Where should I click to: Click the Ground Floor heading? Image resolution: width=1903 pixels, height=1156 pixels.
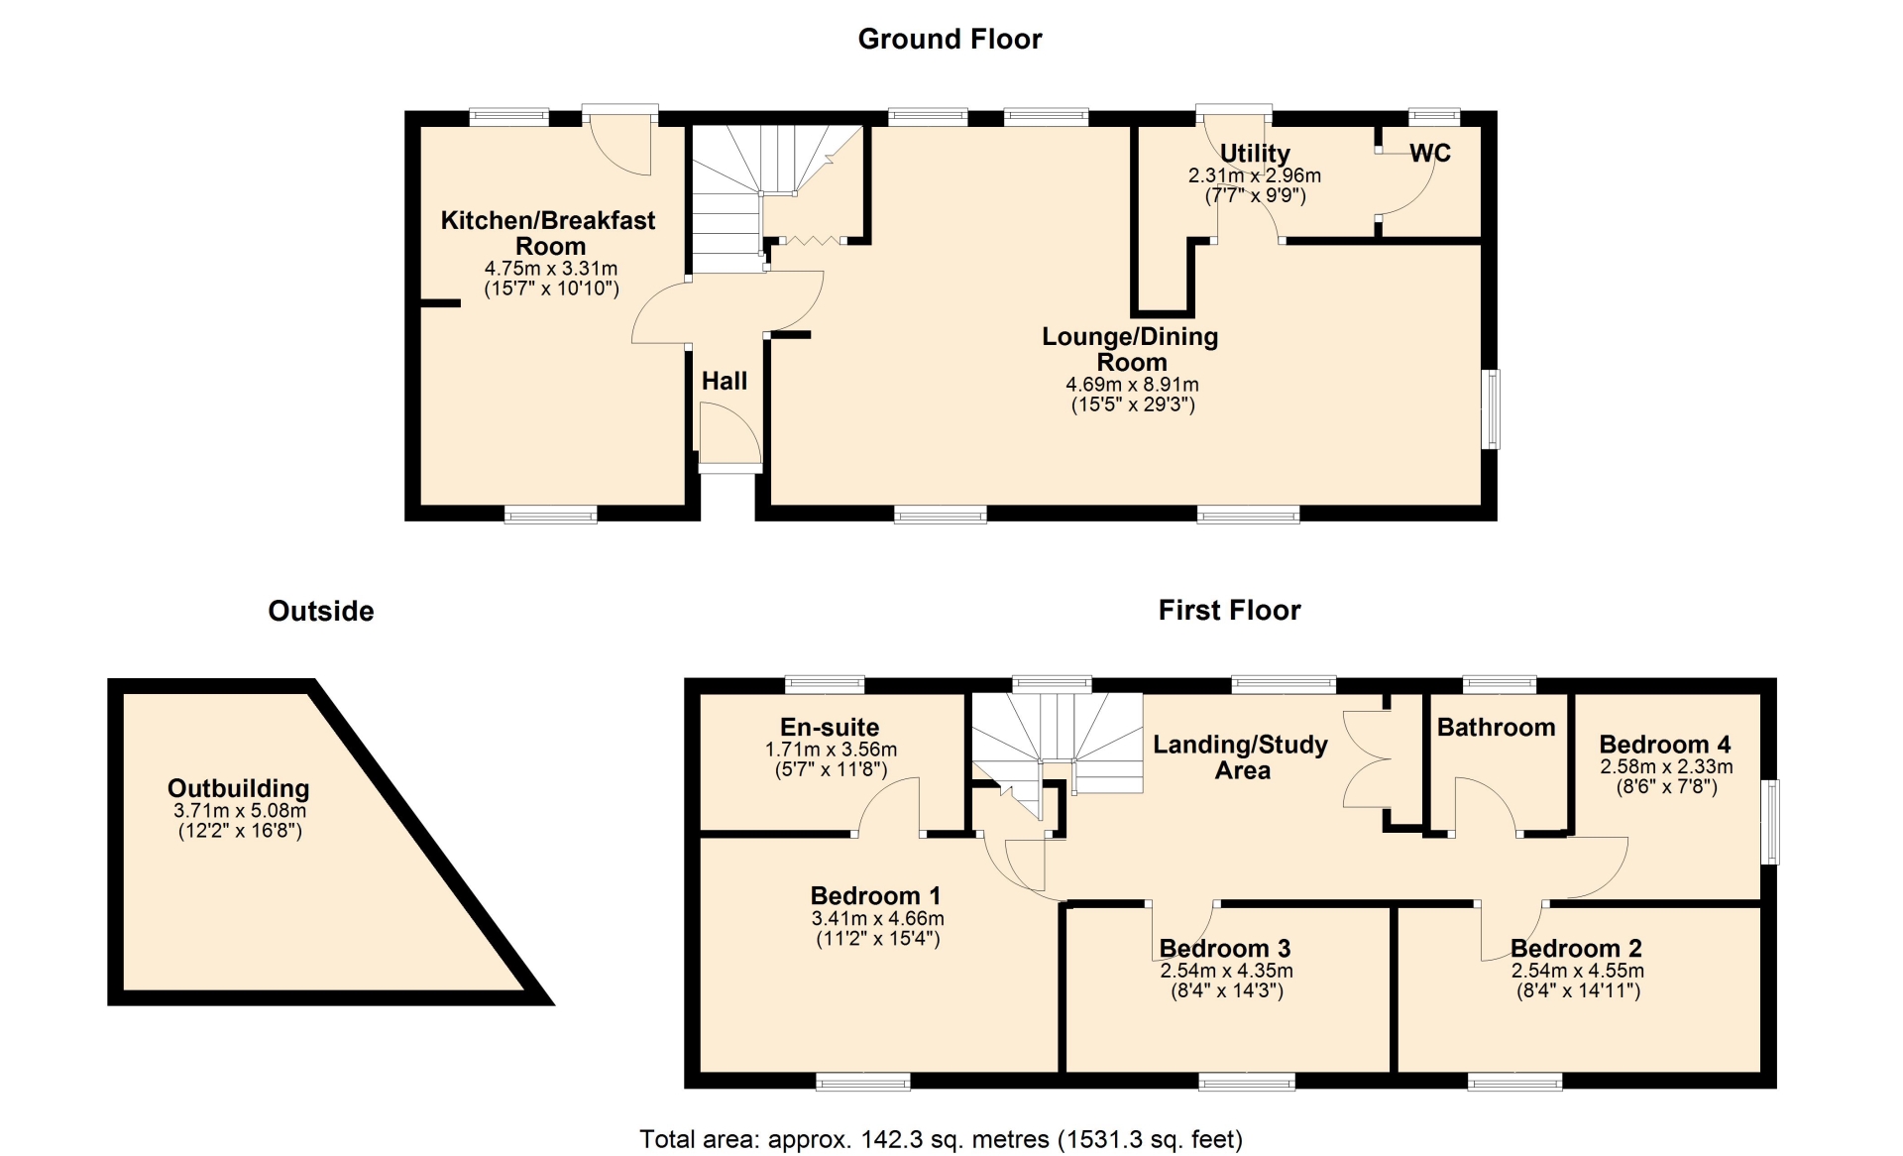pos(950,39)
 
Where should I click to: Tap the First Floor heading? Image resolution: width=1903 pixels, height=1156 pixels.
pos(1229,610)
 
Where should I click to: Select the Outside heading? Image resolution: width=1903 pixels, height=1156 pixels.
pos(321,611)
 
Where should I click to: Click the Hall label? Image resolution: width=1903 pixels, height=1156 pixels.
pos(725,381)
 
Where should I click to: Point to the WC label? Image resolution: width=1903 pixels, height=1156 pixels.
pos(1430,153)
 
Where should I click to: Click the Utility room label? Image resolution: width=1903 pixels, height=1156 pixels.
pos(1255,153)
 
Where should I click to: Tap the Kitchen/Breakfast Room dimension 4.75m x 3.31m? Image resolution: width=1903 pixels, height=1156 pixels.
pos(551,269)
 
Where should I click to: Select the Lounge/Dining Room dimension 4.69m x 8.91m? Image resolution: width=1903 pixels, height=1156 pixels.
pos(1132,385)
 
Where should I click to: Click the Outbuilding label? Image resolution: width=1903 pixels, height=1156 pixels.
pos(238,788)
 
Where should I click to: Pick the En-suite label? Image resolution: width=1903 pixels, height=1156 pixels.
pos(830,727)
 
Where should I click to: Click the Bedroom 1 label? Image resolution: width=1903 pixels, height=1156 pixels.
pos(875,896)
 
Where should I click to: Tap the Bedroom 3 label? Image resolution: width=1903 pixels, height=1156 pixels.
pos(1225,949)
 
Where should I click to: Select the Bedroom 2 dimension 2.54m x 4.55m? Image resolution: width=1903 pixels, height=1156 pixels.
pos(1578,972)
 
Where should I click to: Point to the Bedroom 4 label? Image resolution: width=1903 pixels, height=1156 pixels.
pos(1665,745)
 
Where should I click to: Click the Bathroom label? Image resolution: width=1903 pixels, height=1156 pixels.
pos(1496,728)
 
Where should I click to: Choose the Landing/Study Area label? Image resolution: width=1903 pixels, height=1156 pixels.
pos(1241,757)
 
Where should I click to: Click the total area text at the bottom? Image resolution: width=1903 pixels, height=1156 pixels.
pos(941,1140)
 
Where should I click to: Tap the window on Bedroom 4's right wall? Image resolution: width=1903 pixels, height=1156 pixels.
pos(1770,822)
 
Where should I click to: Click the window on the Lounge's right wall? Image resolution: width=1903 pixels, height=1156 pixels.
pos(1491,409)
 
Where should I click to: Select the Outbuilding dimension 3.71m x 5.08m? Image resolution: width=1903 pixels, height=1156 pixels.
pos(239,811)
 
